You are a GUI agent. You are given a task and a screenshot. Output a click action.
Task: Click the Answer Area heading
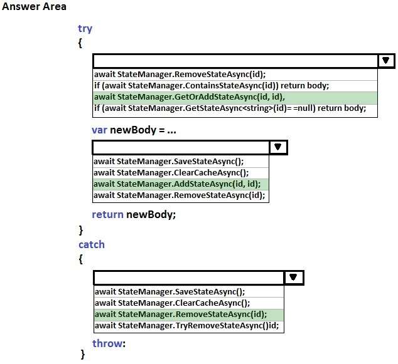point(34,6)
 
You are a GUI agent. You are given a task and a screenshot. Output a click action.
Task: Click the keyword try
point(85,29)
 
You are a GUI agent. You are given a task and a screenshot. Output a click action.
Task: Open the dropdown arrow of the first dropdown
point(386,61)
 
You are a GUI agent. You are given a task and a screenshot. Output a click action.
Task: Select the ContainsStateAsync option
point(212,86)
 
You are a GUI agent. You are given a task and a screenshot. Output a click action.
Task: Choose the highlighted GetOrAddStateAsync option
point(190,97)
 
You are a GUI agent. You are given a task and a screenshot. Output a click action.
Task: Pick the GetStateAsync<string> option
point(230,108)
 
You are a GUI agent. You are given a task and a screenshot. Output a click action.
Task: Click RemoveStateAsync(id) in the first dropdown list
point(180,75)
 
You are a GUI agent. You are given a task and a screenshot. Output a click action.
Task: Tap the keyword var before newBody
point(99,130)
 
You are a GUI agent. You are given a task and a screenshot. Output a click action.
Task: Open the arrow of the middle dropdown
point(278,147)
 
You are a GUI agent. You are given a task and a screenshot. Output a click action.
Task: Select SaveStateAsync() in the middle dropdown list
point(168,162)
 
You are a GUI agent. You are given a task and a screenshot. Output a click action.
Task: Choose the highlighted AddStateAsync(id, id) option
point(177,184)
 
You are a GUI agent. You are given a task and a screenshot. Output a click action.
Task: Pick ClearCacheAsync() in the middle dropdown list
point(171,173)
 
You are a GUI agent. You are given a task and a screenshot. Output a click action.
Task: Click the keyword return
point(107,214)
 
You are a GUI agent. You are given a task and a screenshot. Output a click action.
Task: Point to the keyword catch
point(92,245)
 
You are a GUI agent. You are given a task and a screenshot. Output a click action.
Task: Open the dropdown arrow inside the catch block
point(293,278)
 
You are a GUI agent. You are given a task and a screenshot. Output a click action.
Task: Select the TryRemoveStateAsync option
point(186,326)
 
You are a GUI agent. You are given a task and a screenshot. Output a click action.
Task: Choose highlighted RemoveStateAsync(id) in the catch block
point(181,315)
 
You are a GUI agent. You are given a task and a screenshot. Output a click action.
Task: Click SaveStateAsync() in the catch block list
point(170,292)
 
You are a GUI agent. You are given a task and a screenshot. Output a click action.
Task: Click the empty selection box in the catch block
point(189,278)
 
